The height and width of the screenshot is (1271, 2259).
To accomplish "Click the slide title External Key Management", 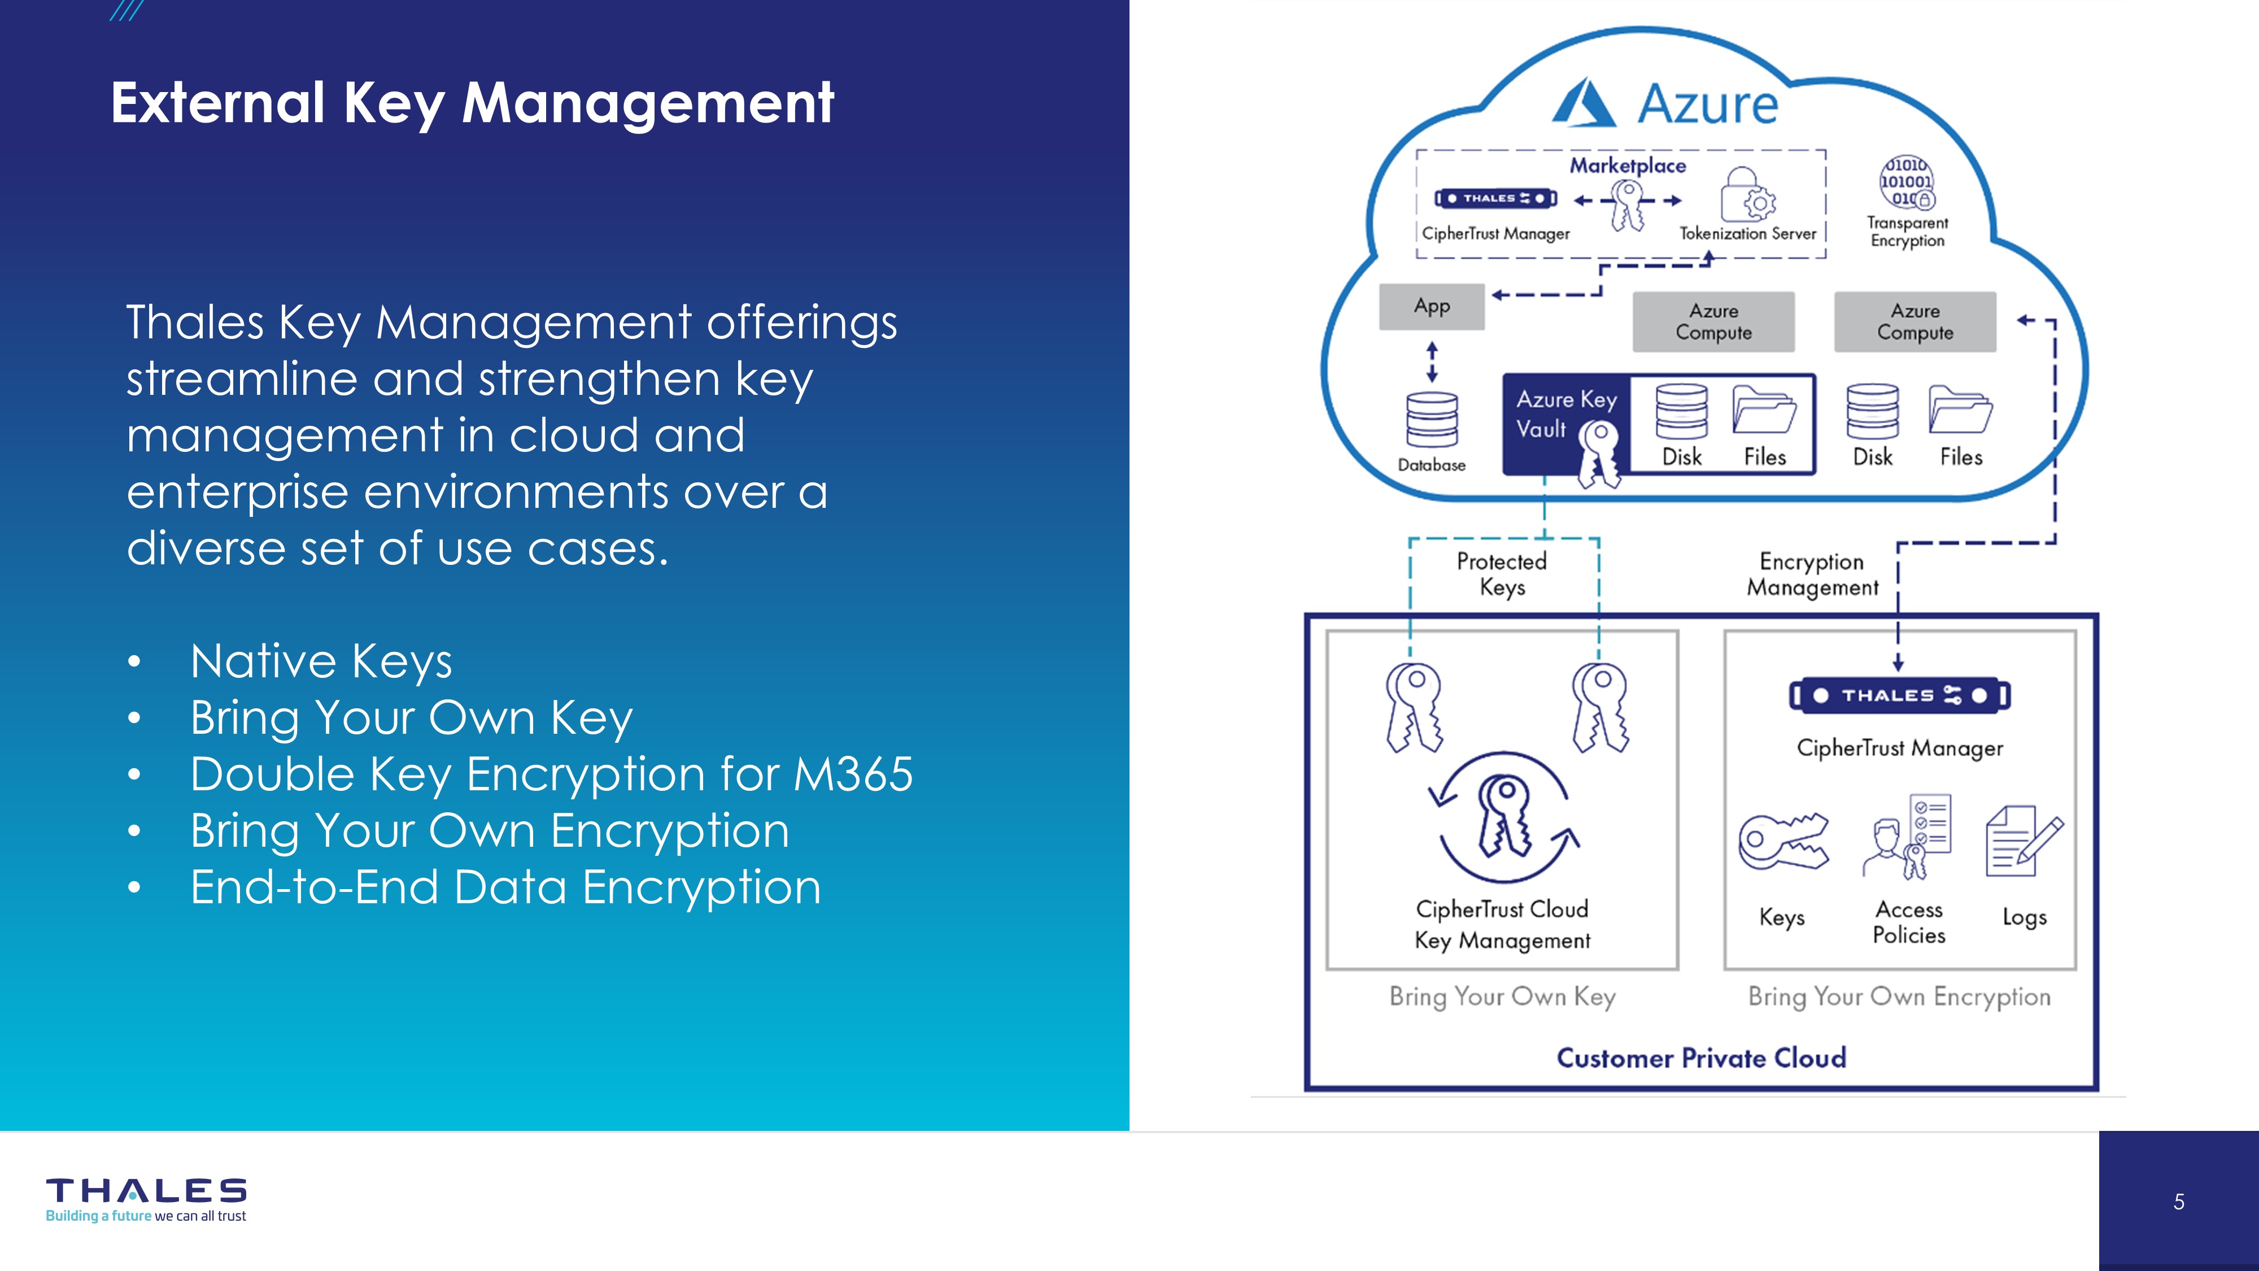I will pos(472,103).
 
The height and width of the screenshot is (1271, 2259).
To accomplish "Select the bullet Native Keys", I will pos(321,661).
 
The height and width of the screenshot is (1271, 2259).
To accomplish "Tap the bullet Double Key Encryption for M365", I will pos(551,774).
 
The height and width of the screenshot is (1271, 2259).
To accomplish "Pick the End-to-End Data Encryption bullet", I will pos(505,887).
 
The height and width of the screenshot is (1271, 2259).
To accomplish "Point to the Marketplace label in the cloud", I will pos(1628,166).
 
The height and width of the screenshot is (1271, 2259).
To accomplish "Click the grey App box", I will pos(1431,307).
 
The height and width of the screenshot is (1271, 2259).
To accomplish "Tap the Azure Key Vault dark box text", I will pos(1565,414).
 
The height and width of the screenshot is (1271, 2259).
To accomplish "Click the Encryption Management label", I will pos(1812,574).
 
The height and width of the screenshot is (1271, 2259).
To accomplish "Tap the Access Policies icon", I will pos(1908,838).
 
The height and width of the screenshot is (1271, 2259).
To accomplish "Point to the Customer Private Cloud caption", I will pos(1701,1058).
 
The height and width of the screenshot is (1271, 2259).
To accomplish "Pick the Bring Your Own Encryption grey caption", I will pos(1899,998).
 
